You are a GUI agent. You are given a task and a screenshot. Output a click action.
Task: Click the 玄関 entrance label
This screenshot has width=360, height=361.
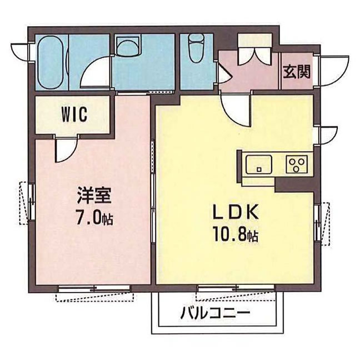[x=296, y=72]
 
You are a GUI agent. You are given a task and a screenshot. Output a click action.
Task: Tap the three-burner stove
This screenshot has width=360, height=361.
[x=296, y=164]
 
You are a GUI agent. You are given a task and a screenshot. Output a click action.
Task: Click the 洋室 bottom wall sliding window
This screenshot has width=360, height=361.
[x=96, y=290]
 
